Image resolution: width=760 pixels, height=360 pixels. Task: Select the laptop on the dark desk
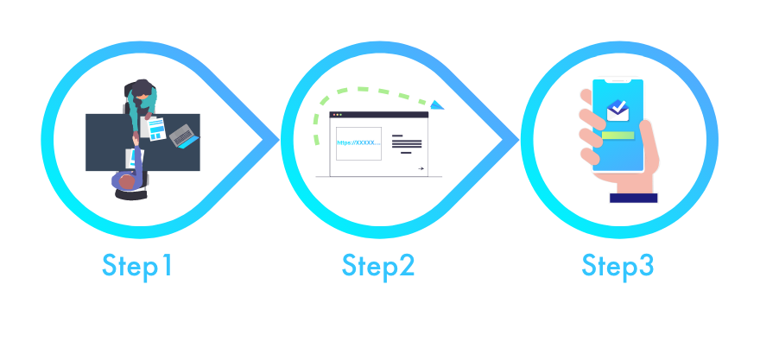point(183,135)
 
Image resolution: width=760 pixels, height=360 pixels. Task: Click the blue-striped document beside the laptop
point(155,129)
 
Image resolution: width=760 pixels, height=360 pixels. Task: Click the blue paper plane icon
point(437,105)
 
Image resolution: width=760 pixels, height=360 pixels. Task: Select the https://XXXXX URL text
point(358,142)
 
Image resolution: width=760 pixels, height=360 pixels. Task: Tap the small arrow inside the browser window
point(420,169)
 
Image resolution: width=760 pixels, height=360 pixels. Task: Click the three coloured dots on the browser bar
point(337,114)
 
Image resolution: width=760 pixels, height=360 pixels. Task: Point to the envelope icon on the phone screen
point(618,109)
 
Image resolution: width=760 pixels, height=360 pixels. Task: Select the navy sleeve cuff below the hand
point(633,198)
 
